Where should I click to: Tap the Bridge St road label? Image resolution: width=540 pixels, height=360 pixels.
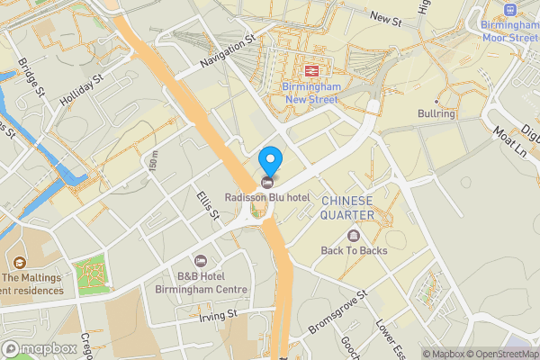point(31,77)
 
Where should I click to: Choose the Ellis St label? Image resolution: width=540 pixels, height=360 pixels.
point(208,204)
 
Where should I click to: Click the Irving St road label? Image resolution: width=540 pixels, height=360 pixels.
point(219,314)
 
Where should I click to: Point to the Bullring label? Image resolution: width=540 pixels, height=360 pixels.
point(436,114)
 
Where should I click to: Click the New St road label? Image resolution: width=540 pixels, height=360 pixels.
point(385,19)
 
